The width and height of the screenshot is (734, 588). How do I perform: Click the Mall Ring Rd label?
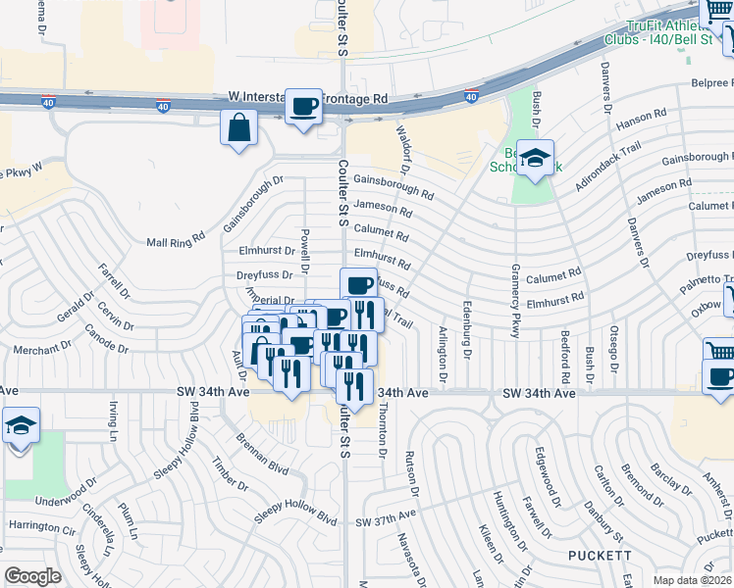pos(175,237)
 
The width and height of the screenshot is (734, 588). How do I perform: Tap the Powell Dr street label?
pos(306,253)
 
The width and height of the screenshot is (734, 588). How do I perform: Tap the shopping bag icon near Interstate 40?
pos(239,127)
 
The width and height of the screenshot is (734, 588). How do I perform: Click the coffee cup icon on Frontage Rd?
pos(303,105)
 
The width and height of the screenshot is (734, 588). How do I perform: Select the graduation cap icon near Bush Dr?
pos(535,158)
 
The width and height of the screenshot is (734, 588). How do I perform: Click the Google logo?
pos(33,576)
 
